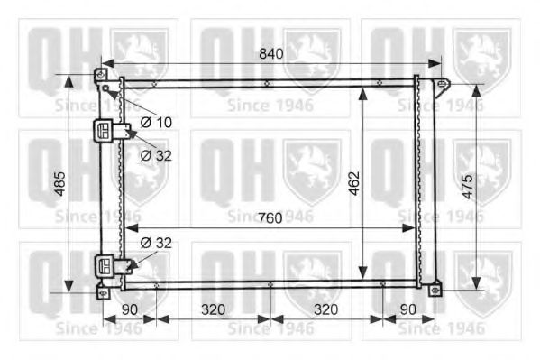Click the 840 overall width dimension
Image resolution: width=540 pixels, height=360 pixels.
tap(270, 53)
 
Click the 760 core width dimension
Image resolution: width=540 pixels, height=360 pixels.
tap(270, 218)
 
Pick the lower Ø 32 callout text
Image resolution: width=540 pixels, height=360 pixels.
tap(157, 243)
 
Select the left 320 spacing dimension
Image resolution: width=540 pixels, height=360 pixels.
tap(214, 309)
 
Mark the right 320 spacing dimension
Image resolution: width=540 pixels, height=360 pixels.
tap(326, 309)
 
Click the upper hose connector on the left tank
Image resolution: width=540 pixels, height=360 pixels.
tap(108, 132)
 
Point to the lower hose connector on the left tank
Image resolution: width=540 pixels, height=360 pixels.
tap(108, 265)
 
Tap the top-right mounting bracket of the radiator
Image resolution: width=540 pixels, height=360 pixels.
tap(441, 87)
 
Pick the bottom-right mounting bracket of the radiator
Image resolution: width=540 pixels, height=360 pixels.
tap(436, 290)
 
